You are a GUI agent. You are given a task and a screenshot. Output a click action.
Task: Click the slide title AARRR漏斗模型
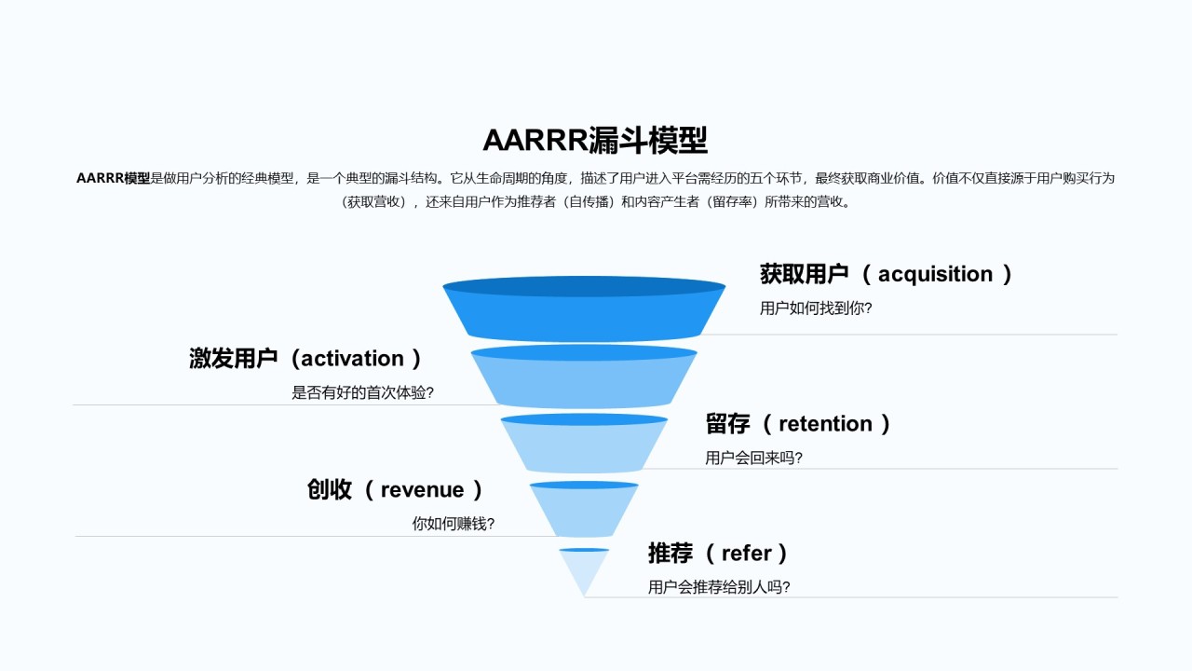[595, 140]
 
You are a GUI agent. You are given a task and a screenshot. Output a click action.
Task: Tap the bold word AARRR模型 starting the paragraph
[113, 178]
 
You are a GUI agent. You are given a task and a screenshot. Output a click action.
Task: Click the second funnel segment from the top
[584, 377]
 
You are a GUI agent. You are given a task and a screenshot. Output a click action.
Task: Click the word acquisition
[935, 274]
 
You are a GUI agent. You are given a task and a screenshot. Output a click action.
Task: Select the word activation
[352, 359]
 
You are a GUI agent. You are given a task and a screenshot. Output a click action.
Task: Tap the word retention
[825, 424]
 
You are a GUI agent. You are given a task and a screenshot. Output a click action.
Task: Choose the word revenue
[422, 489]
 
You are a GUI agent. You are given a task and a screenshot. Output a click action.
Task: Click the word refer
[746, 554]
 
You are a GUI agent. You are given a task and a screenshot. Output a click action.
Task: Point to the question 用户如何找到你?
[816, 308]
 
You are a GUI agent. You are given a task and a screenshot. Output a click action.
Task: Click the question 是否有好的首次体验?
[362, 392]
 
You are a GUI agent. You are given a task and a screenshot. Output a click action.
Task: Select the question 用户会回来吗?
[753, 458]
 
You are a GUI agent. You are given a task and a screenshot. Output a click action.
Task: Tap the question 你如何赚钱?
[453, 524]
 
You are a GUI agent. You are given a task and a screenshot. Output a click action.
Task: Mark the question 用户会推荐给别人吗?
[719, 587]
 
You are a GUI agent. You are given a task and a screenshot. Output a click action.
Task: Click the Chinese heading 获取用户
[804, 274]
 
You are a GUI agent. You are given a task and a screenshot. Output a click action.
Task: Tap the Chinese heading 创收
[329, 489]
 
